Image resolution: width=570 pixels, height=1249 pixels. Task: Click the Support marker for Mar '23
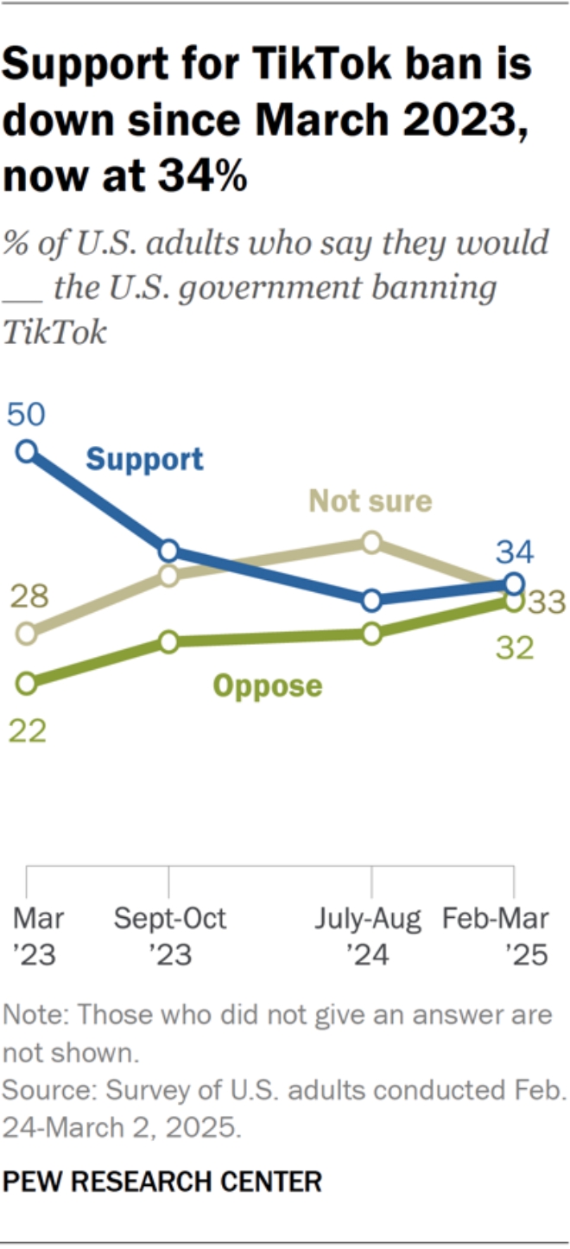pyautogui.click(x=27, y=450)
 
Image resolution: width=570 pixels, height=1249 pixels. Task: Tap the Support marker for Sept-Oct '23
pyautogui.click(x=168, y=551)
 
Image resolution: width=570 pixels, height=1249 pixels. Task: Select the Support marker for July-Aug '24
pyautogui.click(x=371, y=600)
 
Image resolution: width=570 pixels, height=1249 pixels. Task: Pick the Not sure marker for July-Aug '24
pyautogui.click(x=371, y=543)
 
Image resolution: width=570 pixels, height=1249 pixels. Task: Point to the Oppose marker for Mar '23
pyautogui.click(x=27, y=684)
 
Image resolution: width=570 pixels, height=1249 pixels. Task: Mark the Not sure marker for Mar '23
pyautogui.click(x=27, y=634)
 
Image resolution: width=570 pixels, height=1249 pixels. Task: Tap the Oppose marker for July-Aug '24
pyautogui.click(x=371, y=634)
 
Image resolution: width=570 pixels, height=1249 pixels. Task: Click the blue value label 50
pyautogui.click(x=26, y=415)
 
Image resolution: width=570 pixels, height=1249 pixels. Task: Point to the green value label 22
pyautogui.click(x=26, y=730)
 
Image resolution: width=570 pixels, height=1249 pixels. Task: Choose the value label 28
pyautogui.click(x=28, y=596)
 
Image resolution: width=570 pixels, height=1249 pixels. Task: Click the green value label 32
pyautogui.click(x=515, y=647)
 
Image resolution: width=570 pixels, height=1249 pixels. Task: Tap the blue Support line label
pyautogui.click(x=145, y=459)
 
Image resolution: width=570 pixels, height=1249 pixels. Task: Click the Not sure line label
pyautogui.click(x=370, y=500)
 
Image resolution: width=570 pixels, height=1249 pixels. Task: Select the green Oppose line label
pyautogui.click(x=268, y=686)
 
